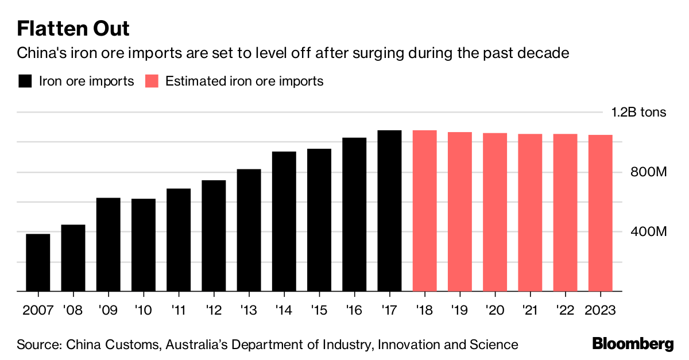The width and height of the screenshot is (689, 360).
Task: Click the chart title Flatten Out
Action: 73,29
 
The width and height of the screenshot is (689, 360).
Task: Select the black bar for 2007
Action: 38,262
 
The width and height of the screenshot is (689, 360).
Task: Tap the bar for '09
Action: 108,245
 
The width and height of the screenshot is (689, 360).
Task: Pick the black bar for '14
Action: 284,222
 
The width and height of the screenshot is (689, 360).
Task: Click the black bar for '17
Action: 389,211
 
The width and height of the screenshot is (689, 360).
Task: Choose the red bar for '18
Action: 424,211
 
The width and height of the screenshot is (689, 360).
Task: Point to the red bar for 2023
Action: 600,213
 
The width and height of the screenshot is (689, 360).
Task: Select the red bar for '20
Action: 495,212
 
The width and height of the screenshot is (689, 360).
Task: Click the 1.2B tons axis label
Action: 638,112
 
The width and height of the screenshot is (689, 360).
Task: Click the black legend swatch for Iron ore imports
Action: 25,81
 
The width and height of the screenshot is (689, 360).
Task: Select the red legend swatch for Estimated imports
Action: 152,81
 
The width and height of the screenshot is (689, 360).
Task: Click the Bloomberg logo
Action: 633,344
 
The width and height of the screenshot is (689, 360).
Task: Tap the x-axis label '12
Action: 213,310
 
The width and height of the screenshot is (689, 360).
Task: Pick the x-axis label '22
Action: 565,310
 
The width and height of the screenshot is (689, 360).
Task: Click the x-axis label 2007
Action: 37,310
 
